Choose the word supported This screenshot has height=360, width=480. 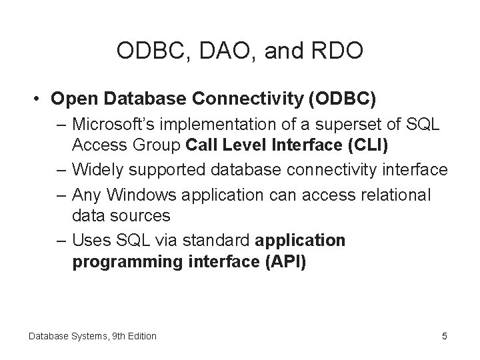165,171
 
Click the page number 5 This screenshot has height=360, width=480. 445,336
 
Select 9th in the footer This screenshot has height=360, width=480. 107,336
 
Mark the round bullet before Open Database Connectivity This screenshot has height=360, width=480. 40,99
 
